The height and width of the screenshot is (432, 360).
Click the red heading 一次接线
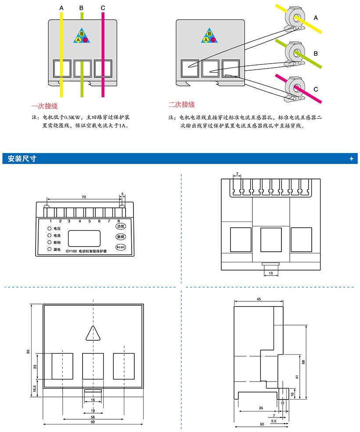[44, 106]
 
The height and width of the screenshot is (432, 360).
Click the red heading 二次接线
[181, 104]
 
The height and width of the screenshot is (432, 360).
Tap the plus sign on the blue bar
[351, 158]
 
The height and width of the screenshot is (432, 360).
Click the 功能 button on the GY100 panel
[121, 226]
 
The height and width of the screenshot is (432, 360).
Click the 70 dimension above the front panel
[83, 197]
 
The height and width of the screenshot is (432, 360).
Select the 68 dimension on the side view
[303, 362]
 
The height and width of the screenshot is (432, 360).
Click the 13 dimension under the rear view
[270, 273]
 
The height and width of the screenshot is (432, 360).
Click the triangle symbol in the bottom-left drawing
[93, 334]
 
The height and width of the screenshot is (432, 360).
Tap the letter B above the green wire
[81, 8]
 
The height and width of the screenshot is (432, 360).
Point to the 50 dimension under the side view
[262, 425]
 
